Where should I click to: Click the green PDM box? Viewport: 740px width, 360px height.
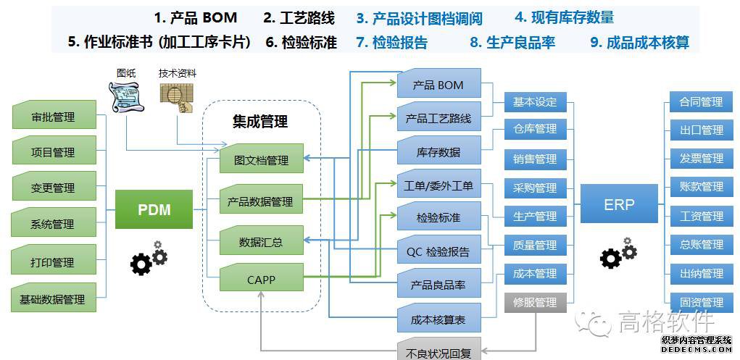[x=154, y=209]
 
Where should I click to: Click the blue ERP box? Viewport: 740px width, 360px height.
[x=619, y=204]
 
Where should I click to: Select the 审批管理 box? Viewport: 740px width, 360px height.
[x=54, y=117]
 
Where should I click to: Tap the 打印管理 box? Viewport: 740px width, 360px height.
[x=54, y=262]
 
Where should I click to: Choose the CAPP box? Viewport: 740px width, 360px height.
[x=262, y=279]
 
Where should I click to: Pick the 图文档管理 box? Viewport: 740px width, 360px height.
[x=262, y=159]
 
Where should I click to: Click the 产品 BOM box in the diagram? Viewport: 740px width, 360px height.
[x=438, y=85]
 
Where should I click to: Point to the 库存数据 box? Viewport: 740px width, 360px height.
[x=438, y=152]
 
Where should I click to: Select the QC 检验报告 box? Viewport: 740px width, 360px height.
[x=438, y=252]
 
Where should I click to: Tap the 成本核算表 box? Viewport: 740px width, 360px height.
[x=438, y=319]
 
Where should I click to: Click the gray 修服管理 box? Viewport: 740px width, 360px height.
[x=535, y=302]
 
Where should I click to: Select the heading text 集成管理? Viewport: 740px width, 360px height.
[x=260, y=121]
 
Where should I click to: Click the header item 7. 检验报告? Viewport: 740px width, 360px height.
[x=391, y=42]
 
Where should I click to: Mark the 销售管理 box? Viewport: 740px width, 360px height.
[x=535, y=159]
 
